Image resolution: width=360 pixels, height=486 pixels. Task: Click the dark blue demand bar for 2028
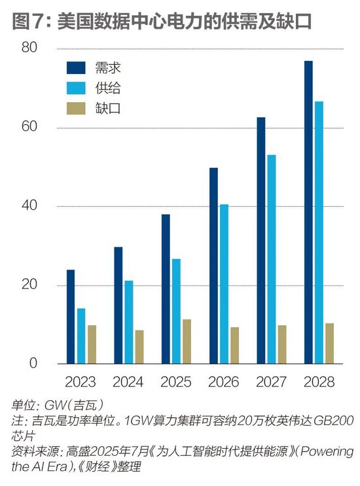point(308,212)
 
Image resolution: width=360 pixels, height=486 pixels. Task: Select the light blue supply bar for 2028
point(319,232)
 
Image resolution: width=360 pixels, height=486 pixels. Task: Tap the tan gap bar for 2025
point(187,341)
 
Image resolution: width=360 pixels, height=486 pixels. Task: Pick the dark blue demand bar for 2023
point(71,317)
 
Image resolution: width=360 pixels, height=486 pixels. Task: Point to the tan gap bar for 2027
point(282,344)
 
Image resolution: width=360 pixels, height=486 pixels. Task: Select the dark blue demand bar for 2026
point(213,266)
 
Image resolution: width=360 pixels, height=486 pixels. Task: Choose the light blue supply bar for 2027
point(271,259)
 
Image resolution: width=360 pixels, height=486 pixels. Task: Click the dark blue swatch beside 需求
point(77,67)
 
